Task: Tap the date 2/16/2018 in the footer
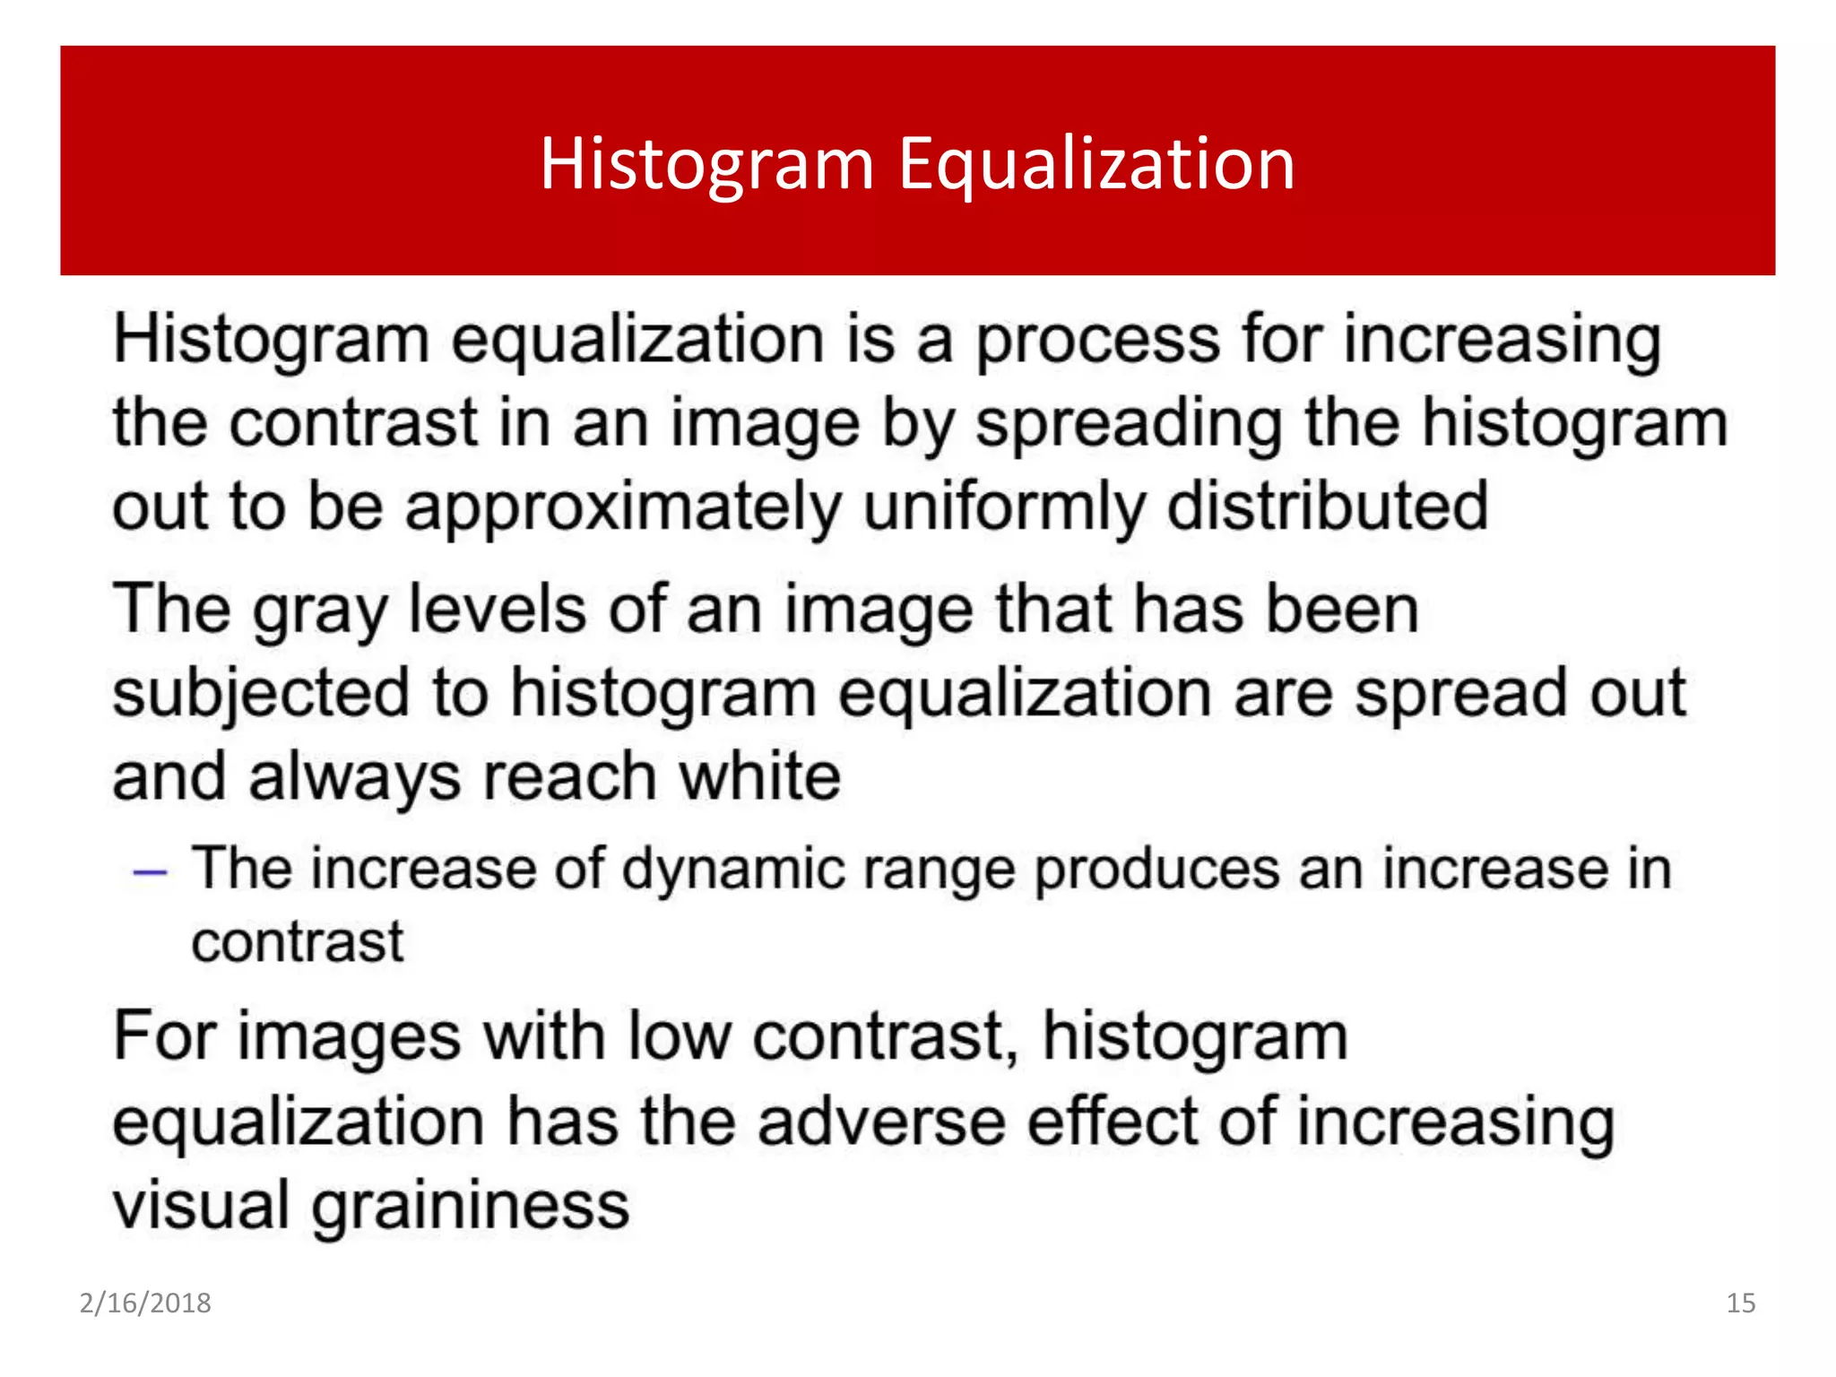(145, 1303)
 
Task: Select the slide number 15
(1740, 1303)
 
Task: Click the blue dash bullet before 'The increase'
(150, 871)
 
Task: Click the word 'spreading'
(1129, 424)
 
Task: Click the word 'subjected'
(261, 695)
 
